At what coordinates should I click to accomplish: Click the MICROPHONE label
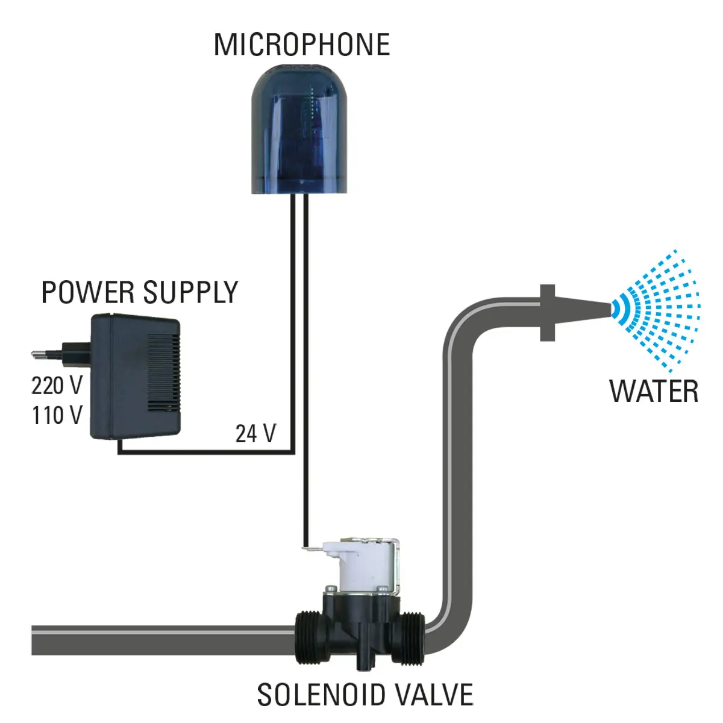(x=302, y=45)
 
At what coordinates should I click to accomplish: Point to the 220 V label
(x=57, y=385)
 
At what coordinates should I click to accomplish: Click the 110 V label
(x=57, y=415)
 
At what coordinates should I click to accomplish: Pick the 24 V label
(x=255, y=433)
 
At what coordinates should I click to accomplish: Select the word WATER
(x=654, y=391)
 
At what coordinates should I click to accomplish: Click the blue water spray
(x=657, y=305)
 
